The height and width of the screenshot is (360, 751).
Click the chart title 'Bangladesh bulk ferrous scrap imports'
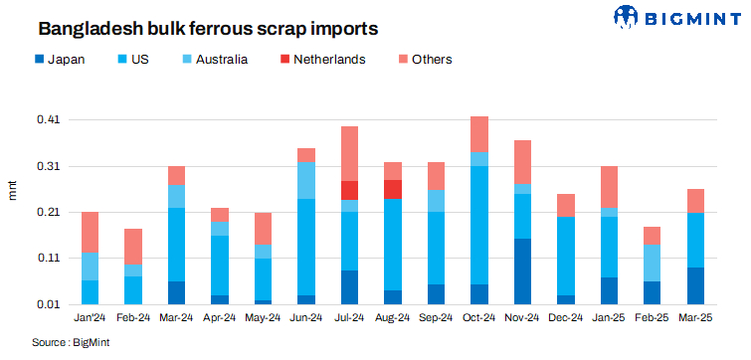click(194, 24)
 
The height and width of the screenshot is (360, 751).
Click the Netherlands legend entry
click(321, 59)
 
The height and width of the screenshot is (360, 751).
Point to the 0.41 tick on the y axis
click(48, 120)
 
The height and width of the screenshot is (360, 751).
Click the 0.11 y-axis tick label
click(48, 259)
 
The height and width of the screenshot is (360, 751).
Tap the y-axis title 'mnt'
click(13, 189)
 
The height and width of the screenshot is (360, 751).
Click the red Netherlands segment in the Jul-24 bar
click(349, 190)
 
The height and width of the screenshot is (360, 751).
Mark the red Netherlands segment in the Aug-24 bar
click(392, 189)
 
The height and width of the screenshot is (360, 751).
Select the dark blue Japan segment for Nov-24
click(522, 271)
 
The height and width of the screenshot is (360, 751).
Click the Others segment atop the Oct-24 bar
click(478, 134)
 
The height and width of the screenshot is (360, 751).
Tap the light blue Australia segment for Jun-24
click(306, 180)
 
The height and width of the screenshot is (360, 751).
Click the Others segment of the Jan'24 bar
click(90, 232)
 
